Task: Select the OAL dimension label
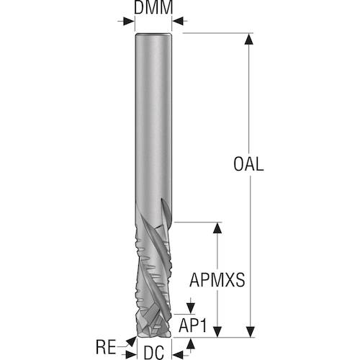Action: click(250, 163)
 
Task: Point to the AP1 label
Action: click(194, 326)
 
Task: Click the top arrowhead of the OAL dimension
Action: click(249, 38)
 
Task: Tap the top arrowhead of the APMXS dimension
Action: click(216, 228)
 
